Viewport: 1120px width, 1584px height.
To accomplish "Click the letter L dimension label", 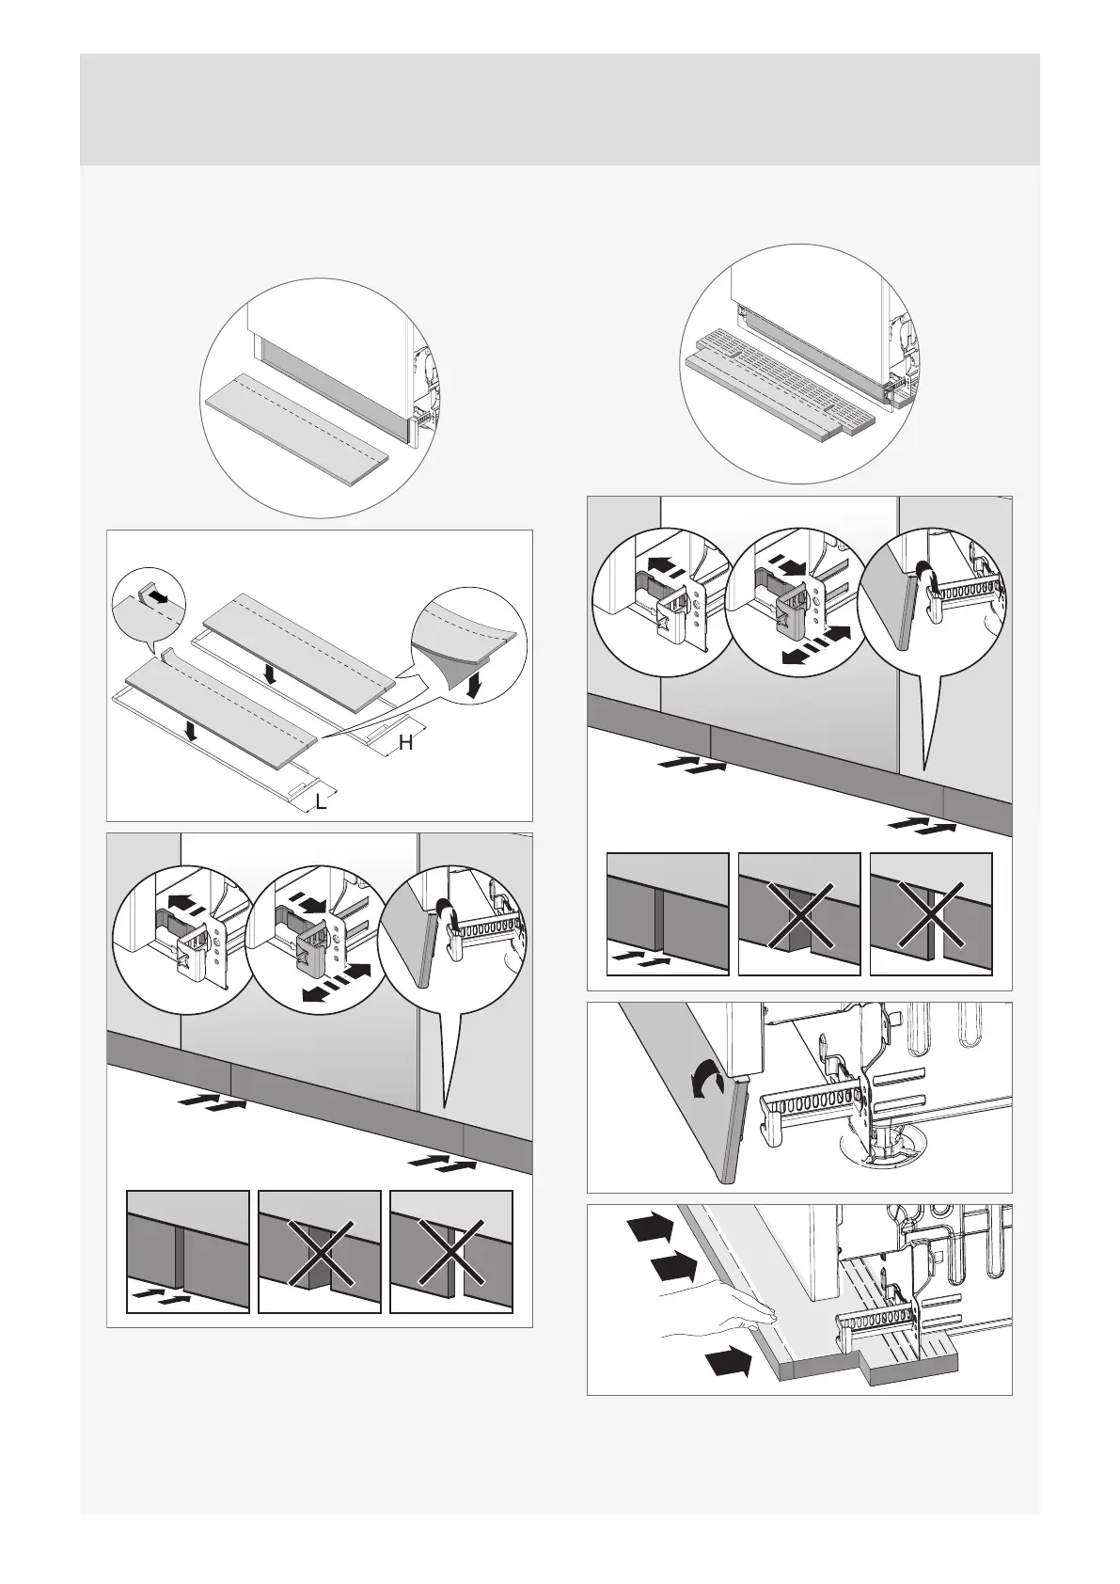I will pyautogui.click(x=322, y=803).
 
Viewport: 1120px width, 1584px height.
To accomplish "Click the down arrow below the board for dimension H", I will pyautogui.click(x=271, y=674).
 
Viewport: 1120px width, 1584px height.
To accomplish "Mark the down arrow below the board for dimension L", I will pyautogui.click(x=191, y=731).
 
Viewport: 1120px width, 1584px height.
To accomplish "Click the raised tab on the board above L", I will pyautogui.click(x=169, y=656).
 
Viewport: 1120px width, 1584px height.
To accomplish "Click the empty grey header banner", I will pyautogui.click(x=560, y=109).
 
